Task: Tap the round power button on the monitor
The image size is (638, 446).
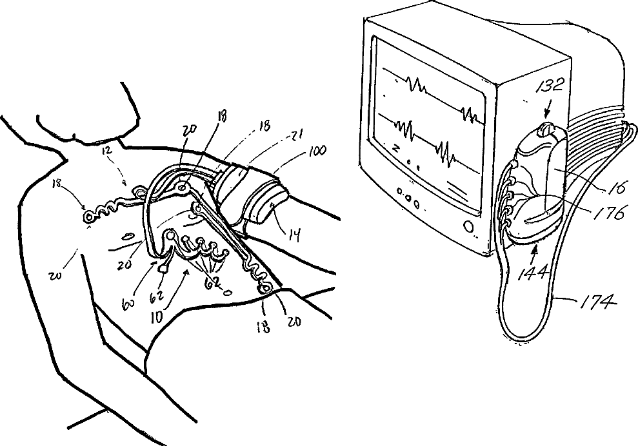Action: (469, 226)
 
